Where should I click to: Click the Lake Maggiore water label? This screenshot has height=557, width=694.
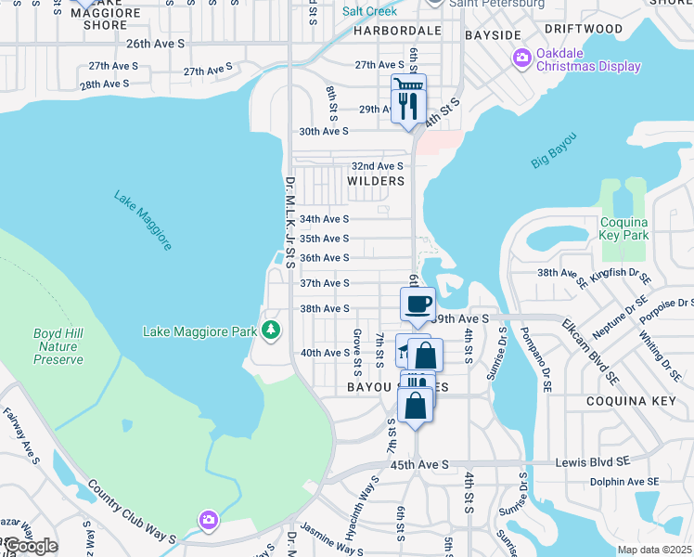pyautogui.click(x=143, y=221)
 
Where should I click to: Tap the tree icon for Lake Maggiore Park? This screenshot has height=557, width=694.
pyautogui.click(x=270, y=330)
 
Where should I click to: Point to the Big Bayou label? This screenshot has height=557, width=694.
pyautogui.click(x=554, y=149)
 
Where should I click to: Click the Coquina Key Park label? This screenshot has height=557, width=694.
pyautogui.click(x=623, y=228)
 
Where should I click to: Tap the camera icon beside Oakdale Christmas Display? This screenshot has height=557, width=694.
pyautogui.click(x=521, y=59)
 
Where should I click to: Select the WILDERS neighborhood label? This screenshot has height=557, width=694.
pyautogui.click(x=376, y=181)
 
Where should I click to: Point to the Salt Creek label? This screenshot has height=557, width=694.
pyautogui.click(x=369, y=11)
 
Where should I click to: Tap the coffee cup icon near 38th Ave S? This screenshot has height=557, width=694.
pyautogui.click(x=417, y=303)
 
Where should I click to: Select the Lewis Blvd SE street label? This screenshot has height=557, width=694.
pyautogui.click(x=613, y=461)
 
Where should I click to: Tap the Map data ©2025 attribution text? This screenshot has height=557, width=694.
pyautogui.click(x=654, y=550)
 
